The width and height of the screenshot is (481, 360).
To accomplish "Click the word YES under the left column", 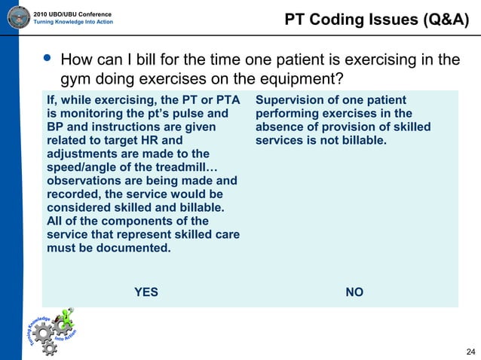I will (x=146, y=292).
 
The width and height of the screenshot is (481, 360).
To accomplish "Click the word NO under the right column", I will (x=354, y=292).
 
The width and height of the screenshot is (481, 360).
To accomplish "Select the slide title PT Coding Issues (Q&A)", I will (x=377, y=19).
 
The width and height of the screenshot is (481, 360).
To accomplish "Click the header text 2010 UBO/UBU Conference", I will (x=73, y=14).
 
